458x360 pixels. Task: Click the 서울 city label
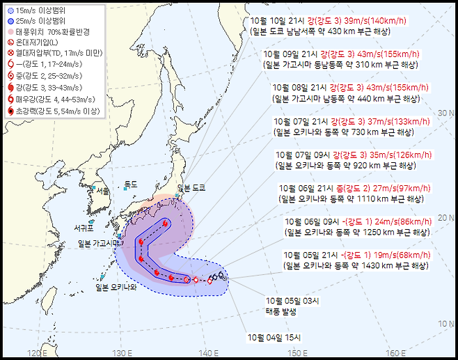click(x=104, y=191)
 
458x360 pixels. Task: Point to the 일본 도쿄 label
click(x=194, y=189)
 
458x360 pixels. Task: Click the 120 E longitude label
click(x=39, y=353)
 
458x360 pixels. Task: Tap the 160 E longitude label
click(x=395, y=353)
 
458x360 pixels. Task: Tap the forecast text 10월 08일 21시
click(x=302, y=88)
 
